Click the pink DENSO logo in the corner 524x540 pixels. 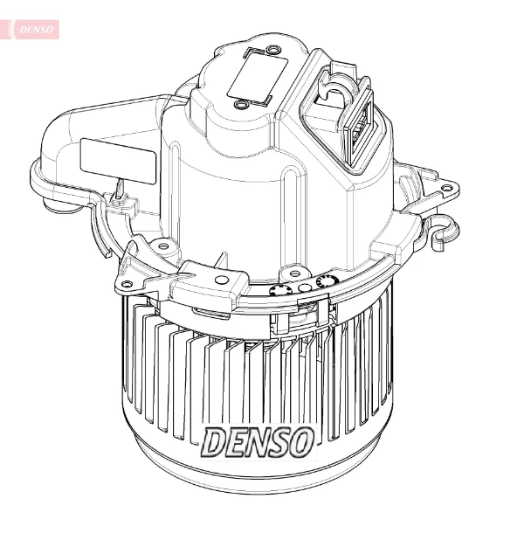34,29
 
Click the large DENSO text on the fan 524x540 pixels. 259,442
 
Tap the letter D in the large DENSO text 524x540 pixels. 215,442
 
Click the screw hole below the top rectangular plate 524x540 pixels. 240,106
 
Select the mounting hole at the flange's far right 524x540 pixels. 446,187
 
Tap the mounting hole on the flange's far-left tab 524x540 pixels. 128,284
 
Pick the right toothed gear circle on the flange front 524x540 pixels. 327,282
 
